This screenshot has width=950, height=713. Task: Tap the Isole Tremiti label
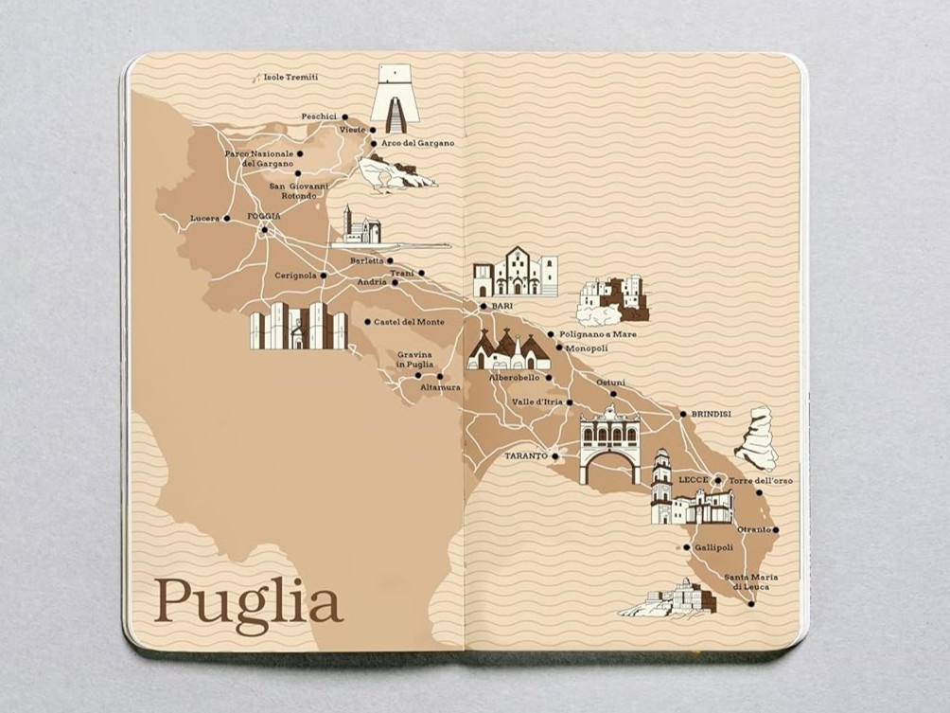pos(290,77)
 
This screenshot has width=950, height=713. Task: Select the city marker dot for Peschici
pos(344,117)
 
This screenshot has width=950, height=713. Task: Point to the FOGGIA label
pos(264,217)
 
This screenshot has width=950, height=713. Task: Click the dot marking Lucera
pos(226,219)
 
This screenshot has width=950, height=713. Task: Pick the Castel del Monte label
pos(409,322)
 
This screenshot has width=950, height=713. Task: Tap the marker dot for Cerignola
pos(323,276)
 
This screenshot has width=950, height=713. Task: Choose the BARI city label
pos(501,307)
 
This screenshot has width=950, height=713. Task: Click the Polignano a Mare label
pos(597,334)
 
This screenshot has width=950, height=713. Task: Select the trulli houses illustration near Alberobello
pos(508,350)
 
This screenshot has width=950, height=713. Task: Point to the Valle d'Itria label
pos(537,402)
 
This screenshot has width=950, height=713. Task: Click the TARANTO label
pos(526,455)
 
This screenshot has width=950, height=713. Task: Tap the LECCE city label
pos(694,480)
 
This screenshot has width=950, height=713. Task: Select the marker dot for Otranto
pos(775,530)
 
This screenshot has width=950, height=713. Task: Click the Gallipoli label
pos(713,547)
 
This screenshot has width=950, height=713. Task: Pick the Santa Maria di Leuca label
pos(747,582)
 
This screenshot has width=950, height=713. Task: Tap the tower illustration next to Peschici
pos(395,98)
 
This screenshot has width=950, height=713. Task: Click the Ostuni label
pos(610,383)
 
